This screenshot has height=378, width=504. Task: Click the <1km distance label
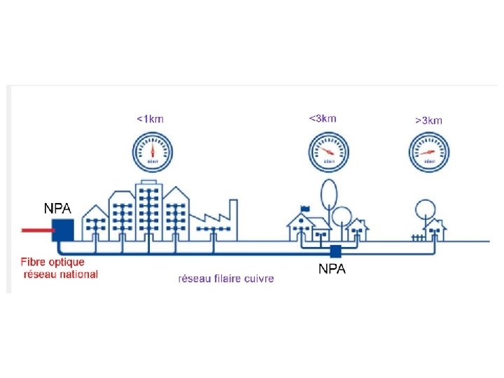[150, 118]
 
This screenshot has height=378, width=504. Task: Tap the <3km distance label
[323, 118]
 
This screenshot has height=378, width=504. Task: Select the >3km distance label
[428, 120]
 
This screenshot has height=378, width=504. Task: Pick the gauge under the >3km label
[428, 152]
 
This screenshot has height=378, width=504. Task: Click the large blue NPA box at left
[63, 230]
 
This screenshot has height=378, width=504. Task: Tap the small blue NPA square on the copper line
[336, 251]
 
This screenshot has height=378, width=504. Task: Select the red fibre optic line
[34, 229]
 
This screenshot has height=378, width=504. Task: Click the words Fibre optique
[52, 262]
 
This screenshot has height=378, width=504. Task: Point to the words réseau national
[61, 274]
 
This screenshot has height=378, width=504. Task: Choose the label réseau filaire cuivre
[226, 278]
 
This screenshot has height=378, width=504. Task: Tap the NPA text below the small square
[332, 269]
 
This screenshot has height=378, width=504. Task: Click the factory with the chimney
[213, 220]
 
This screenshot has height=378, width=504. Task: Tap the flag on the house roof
[304, 208]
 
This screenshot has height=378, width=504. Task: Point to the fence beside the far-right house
[418, 237]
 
